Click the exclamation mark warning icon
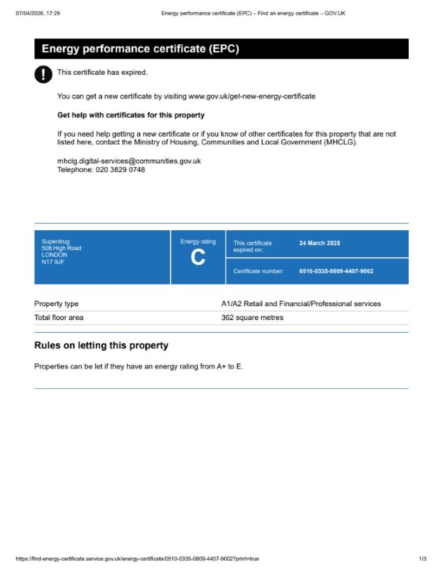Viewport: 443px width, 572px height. click(43, 74)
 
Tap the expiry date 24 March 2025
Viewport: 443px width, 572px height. click(319, 243)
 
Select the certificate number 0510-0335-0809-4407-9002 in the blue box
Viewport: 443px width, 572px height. click(336, 271)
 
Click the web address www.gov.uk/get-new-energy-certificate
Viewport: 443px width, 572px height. click(252, 96)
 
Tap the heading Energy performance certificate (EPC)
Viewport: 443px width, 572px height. click(140, 49)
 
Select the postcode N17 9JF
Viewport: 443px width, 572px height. click(53, 261)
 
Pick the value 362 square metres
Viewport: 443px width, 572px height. click(252, 317)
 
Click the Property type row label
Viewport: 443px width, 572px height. click(56, 304)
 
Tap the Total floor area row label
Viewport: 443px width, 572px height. click(59, 317)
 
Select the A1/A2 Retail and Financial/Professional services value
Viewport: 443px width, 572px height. click(301, 304)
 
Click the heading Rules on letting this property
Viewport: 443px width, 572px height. click(101, 345)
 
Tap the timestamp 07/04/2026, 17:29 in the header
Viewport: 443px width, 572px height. click(38, 13)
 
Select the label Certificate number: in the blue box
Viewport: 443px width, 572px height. click(259, 271)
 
